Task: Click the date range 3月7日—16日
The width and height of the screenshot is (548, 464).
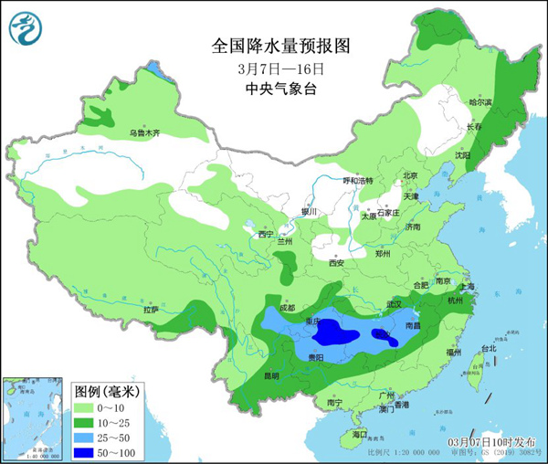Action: click(280, 68)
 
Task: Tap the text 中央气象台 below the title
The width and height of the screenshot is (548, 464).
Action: click(280, 89)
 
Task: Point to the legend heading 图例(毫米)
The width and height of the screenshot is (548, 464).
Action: click(106, 389)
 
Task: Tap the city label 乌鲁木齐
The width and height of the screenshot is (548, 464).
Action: click(143, 133)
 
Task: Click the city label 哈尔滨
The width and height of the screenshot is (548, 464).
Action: click(479, 102)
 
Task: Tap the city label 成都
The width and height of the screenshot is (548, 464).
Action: click(288, 308)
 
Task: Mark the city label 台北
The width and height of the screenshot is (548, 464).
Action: click(488, 348)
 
